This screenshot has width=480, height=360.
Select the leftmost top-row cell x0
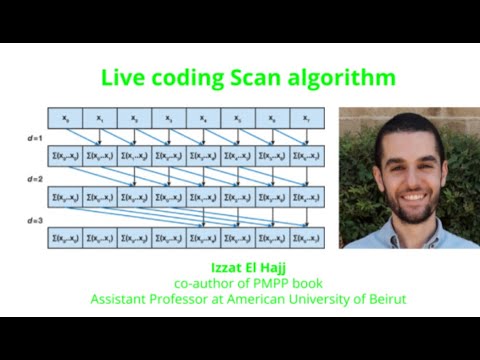click(66, 120)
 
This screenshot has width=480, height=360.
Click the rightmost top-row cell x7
click(306, 120)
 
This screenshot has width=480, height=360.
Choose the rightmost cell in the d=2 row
click(306, 197)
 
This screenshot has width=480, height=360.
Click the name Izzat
click(226, 267)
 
